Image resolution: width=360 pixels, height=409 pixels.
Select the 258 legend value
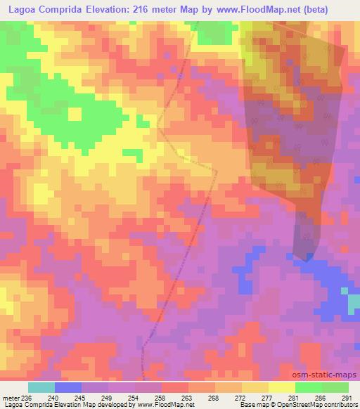(x=160, y=397)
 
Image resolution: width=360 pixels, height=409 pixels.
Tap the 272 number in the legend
(x=240, y=397)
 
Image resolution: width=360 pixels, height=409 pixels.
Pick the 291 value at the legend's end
(x=346, y=397)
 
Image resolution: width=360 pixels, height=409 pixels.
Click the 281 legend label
(x=293, y=397)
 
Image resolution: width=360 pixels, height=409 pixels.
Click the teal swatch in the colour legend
(x=41, y=387)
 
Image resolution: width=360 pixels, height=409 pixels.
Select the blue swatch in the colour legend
(x=68, y=387)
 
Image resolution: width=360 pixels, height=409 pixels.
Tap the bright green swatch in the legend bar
(x=308, y=387)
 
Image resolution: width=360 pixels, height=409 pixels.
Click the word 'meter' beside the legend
(x=11, y=397)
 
